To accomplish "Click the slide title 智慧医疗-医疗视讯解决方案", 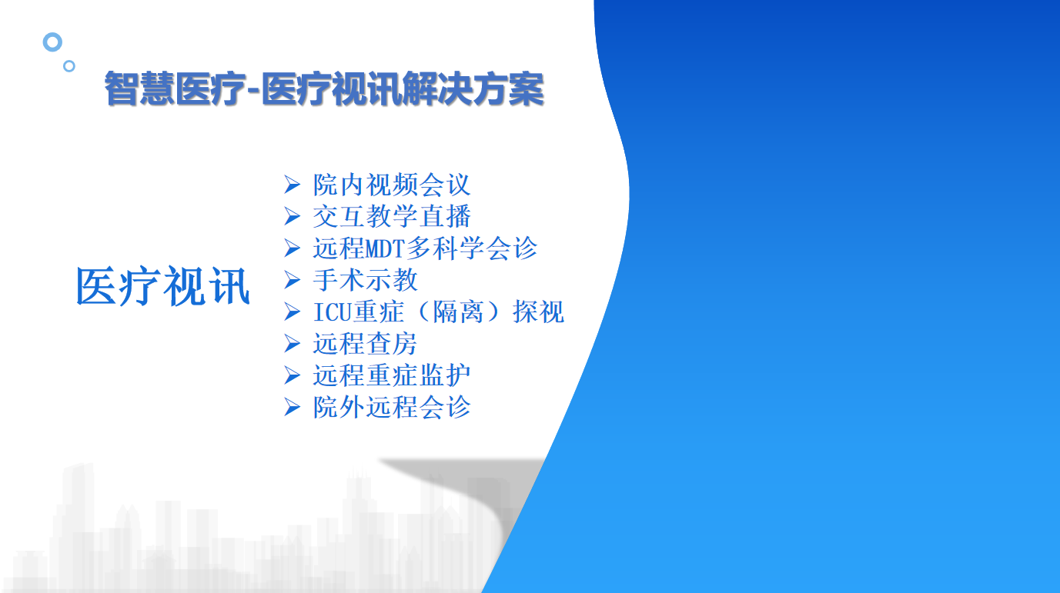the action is (324, 88).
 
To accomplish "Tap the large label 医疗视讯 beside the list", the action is (162, 286).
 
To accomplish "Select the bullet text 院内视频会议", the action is (392, 185).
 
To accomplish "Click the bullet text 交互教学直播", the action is (392, 216).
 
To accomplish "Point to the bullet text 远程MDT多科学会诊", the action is (425, 248).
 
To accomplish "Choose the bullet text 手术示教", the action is (366, 279).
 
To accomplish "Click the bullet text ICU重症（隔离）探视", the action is (439, 311).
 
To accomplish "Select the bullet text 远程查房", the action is (365, 343).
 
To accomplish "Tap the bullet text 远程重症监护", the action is (392, 375).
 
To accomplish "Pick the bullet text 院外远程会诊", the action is (392, 407).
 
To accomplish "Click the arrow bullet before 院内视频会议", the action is (292, 185).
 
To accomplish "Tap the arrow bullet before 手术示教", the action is (292, 280).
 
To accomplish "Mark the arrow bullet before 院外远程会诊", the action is (292, 407).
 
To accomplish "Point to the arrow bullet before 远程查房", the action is (292, 343).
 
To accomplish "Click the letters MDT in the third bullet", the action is (385, 248).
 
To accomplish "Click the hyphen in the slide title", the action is (254, 89).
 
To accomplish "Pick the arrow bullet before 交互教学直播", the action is (292, 216).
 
